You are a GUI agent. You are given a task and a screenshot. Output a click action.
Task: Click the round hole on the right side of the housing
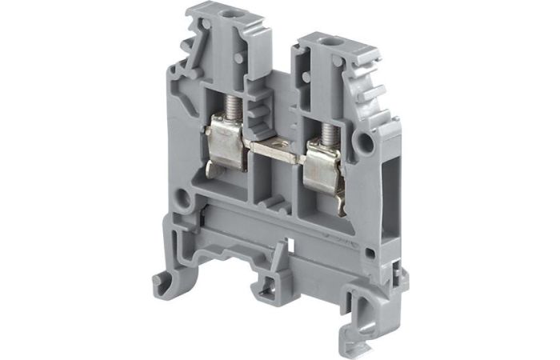click(366, 142)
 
